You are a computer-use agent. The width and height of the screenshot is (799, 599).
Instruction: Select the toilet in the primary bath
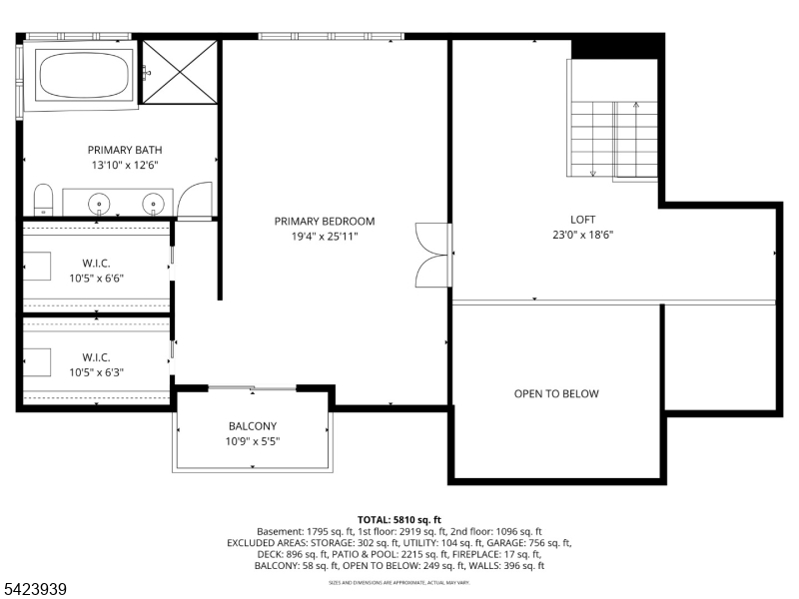click(x=42, y=200)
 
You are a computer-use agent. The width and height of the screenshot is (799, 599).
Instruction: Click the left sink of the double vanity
click(x=100, y=204)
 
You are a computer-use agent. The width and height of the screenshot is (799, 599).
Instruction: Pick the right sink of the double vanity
click(x=153, y=204)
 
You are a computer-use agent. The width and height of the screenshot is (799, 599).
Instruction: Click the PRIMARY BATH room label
click(x=124, y=150)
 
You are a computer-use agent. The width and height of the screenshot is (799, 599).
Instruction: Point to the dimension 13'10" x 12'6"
click(x=124, y=166)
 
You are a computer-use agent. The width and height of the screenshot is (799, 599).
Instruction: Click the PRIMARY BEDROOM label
click(x=325, y=221)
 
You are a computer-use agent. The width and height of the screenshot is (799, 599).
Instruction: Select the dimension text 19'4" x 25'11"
click(x=325, y=237)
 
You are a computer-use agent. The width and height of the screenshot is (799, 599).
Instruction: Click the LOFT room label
click(x=582, y=220)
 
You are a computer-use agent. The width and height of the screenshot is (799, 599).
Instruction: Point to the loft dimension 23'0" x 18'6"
click(x=582, y=236)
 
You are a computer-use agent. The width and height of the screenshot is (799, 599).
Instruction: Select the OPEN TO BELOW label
click(x=556, y=393)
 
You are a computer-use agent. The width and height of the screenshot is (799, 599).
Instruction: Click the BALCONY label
click(x=253, y=426)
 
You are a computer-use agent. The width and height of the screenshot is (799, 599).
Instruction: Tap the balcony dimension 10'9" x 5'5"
click(x=253, y=441)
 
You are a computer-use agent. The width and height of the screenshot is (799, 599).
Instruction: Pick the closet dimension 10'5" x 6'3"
click(x=96, y=371)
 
